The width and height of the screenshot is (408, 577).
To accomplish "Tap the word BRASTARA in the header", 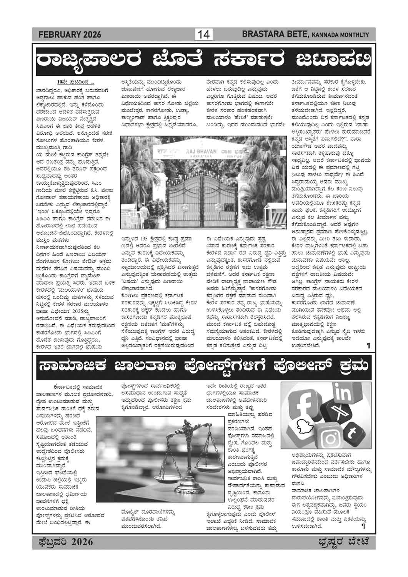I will click(x=261, y=35).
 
